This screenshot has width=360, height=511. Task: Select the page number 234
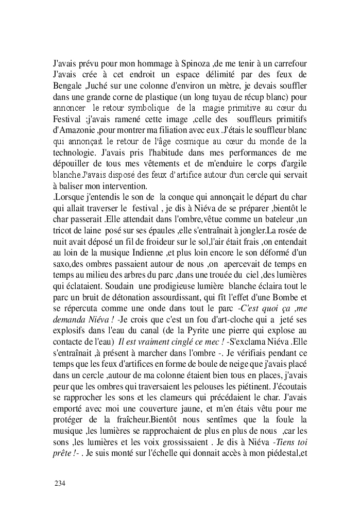click(x=60, y=484)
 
